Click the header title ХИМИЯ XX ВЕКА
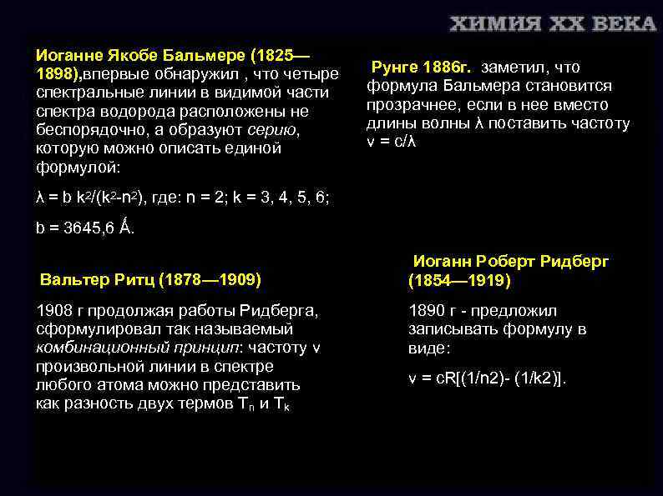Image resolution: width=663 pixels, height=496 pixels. pyautogui.click(x=554, y=23)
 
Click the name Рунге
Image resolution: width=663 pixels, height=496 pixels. pyautogui.click(x=396, y=68)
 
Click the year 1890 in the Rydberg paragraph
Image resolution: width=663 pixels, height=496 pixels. pyautogui.click(x=427, y=311)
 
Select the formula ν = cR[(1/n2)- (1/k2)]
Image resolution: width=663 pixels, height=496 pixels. pyautogui.click(x=487, y=378)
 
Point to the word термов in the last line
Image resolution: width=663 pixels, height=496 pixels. pyautogui.click(x=210, y=403)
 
